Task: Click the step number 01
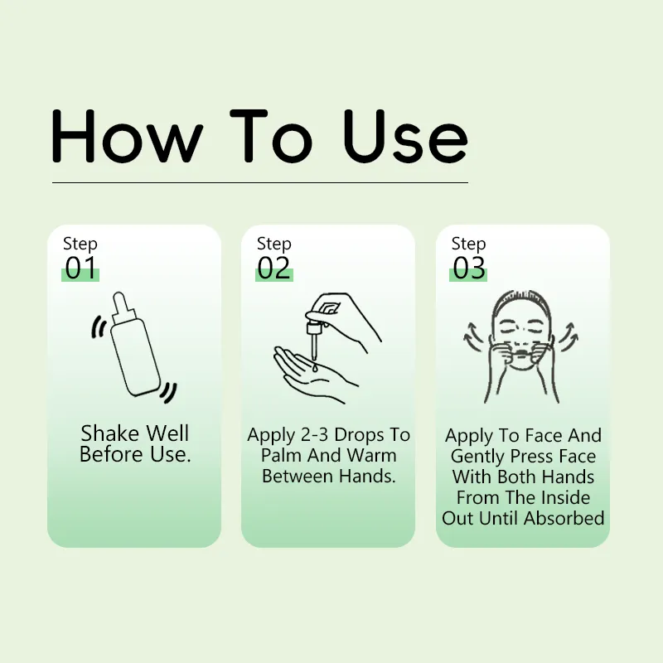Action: point(80,269)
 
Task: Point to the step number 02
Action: point(274,269)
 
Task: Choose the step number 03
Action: point(468,269)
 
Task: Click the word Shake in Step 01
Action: point(110,433)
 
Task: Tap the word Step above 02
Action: point(274,244)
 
